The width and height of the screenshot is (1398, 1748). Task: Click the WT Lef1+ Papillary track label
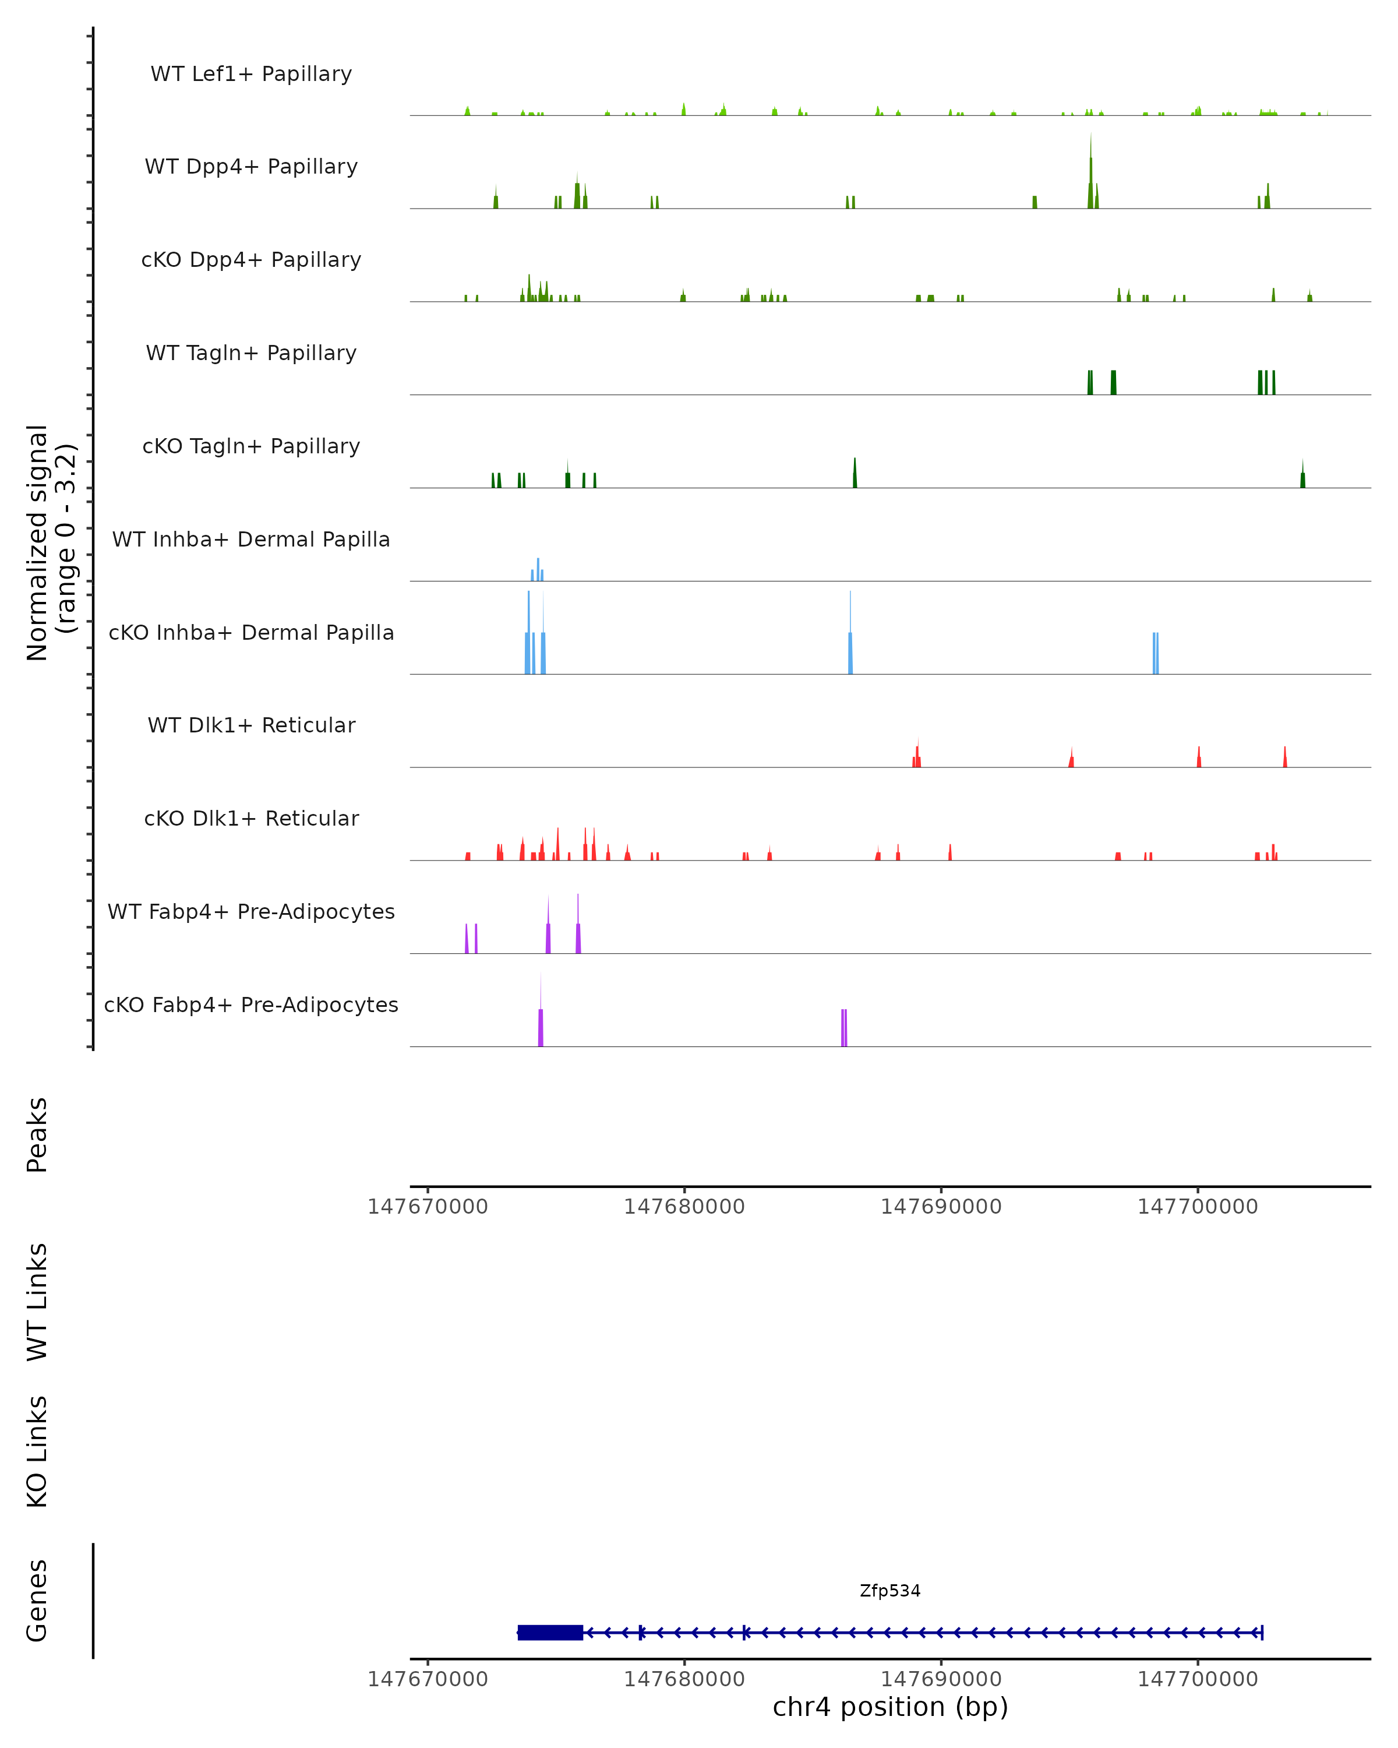coord(251,74)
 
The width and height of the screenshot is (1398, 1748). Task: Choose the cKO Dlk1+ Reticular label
coord(251,818)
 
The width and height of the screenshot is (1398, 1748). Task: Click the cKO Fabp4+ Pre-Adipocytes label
coord(251,1005)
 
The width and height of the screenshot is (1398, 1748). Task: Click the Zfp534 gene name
coord(890,1591)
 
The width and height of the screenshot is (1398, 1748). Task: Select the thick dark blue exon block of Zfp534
coord(550,1632)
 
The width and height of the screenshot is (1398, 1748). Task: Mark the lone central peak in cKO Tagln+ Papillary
coord(854,474)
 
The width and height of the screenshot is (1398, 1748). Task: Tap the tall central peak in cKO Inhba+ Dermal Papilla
coord(850,640)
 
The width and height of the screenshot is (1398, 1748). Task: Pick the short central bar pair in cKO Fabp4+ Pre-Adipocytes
coord(843,1028)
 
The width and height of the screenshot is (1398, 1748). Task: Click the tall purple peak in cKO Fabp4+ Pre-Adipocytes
coord(541,1017)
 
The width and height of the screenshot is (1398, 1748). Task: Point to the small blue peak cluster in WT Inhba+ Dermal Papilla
coord(537,570)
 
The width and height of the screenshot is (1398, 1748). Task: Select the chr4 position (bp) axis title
coord(890,1707)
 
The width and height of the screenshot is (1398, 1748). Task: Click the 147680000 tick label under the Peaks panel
coord(684,1207)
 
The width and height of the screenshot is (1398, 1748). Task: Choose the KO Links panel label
coord(37,1451)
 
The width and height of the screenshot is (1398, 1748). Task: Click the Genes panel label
coord(37,1601)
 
